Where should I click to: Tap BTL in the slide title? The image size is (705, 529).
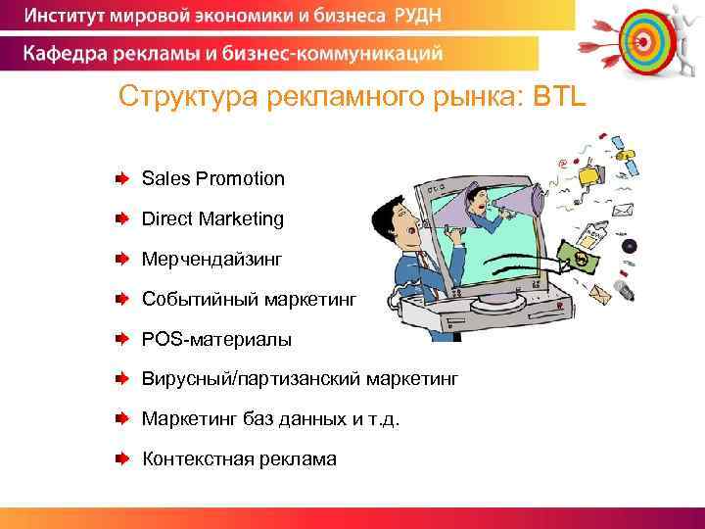click(x=558, y=98)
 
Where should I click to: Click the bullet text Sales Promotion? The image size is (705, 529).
click(x=212, y=178)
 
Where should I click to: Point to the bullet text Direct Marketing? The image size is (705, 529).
click(x=212, y=218)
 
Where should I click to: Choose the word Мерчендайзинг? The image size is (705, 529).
click(x=211, y=259)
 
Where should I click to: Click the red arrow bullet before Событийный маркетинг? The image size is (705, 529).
click(x=119, y=298)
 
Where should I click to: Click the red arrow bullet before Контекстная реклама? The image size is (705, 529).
click(x=119, y=457)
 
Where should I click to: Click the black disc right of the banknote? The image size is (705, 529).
click(x=629, y=245)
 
